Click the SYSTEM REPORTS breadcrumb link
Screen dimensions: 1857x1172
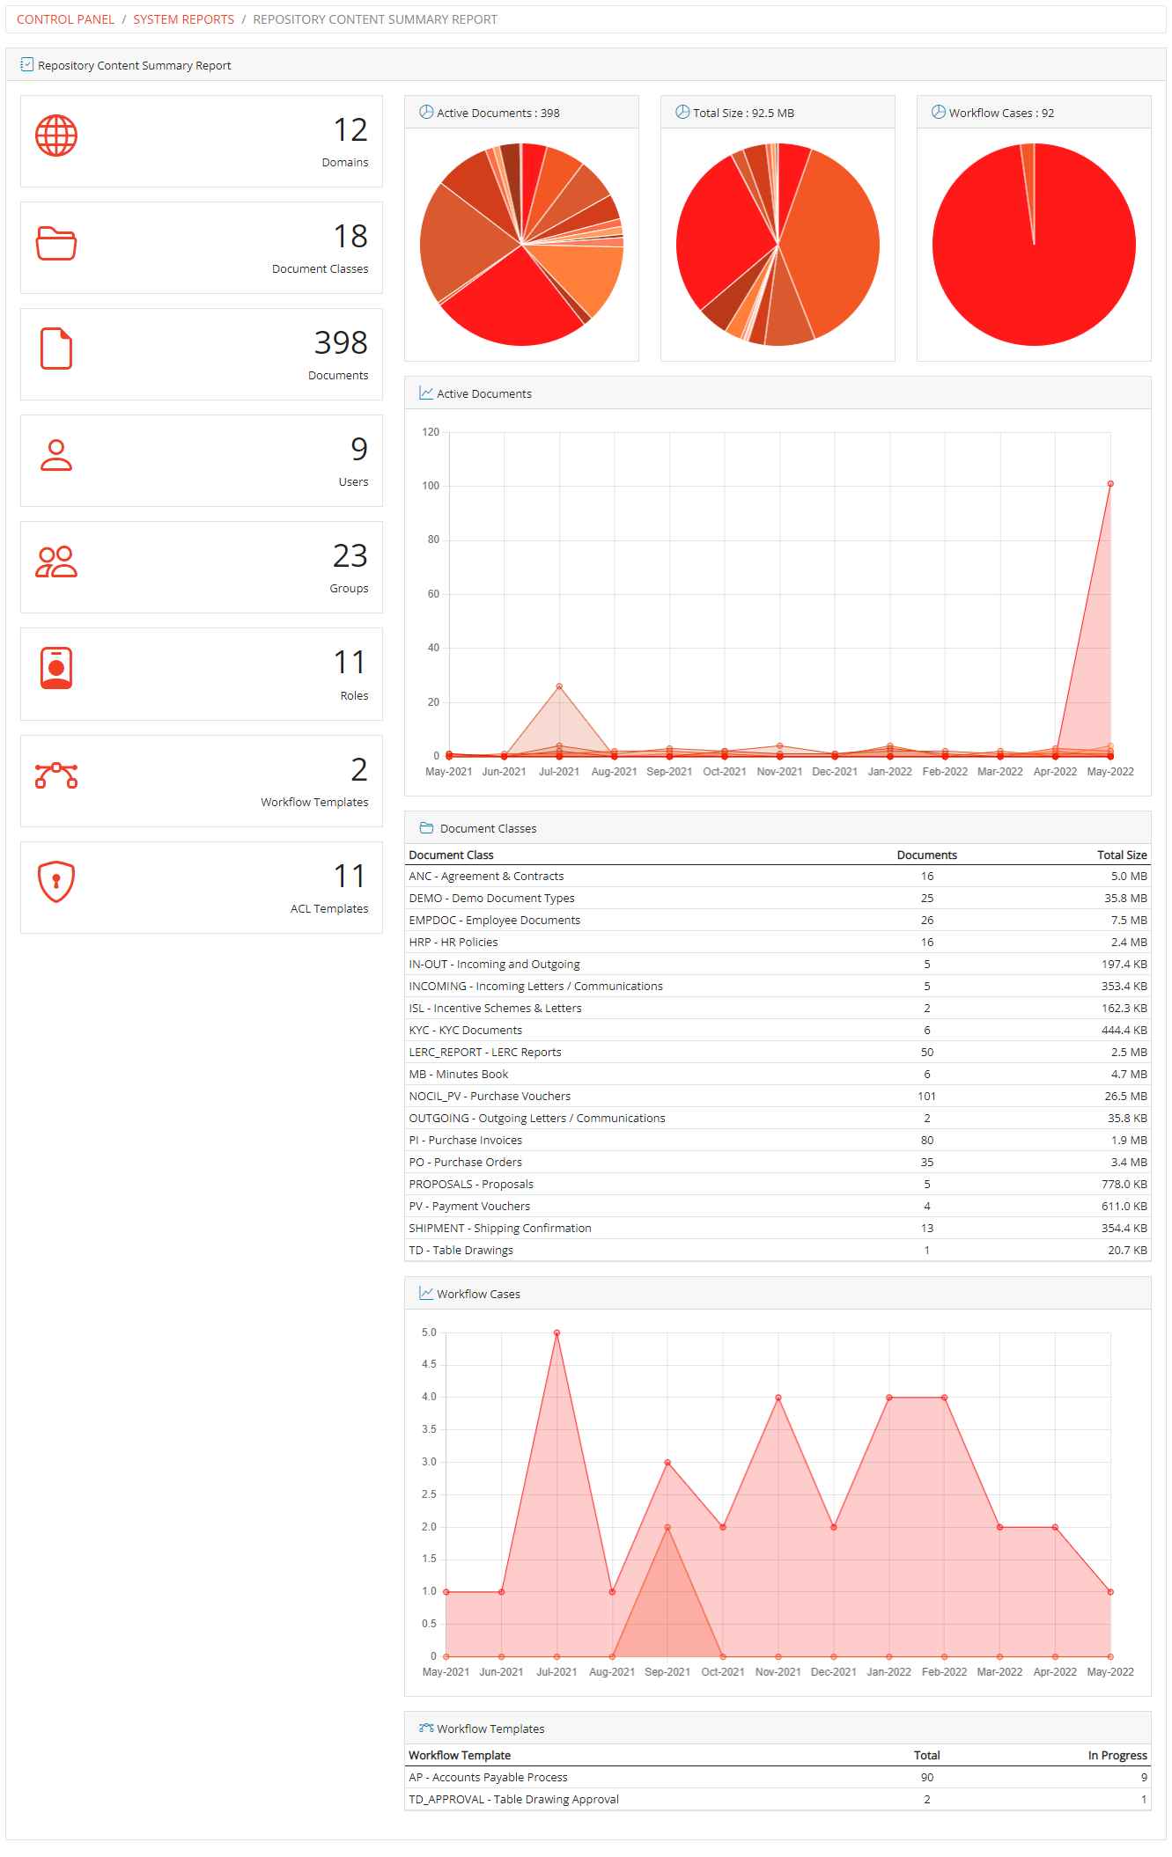pos(183,19)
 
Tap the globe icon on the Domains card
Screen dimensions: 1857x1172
pos(56,136)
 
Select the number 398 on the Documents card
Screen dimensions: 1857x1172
pos(340,342)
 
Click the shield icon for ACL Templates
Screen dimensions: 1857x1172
pos(56,881)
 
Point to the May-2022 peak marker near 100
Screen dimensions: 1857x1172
pos(1110,484)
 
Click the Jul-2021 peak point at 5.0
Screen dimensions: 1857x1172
pos(557,1332)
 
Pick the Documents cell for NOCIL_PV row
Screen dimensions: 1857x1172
pos(926,1096)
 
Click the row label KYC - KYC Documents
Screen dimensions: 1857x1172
pos(465,1030)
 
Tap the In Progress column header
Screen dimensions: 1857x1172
pos(1117,1755)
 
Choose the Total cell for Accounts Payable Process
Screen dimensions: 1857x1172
pos(926,1777)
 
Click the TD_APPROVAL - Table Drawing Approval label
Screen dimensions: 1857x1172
pos(513,1799)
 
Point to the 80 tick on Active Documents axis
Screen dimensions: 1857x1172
pos(433,539)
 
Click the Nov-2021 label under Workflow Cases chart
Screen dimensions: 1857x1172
pos(778,1671)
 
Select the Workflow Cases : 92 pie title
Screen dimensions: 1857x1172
pos(1001,113)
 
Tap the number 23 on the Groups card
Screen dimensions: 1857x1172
pos(350,555)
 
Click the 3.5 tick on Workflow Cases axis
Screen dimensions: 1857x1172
pos(429,1429)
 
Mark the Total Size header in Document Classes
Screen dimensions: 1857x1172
pos(1121,855)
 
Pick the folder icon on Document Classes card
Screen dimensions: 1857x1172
pos(56,243)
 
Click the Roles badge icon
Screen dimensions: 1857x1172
pos(56,668)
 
